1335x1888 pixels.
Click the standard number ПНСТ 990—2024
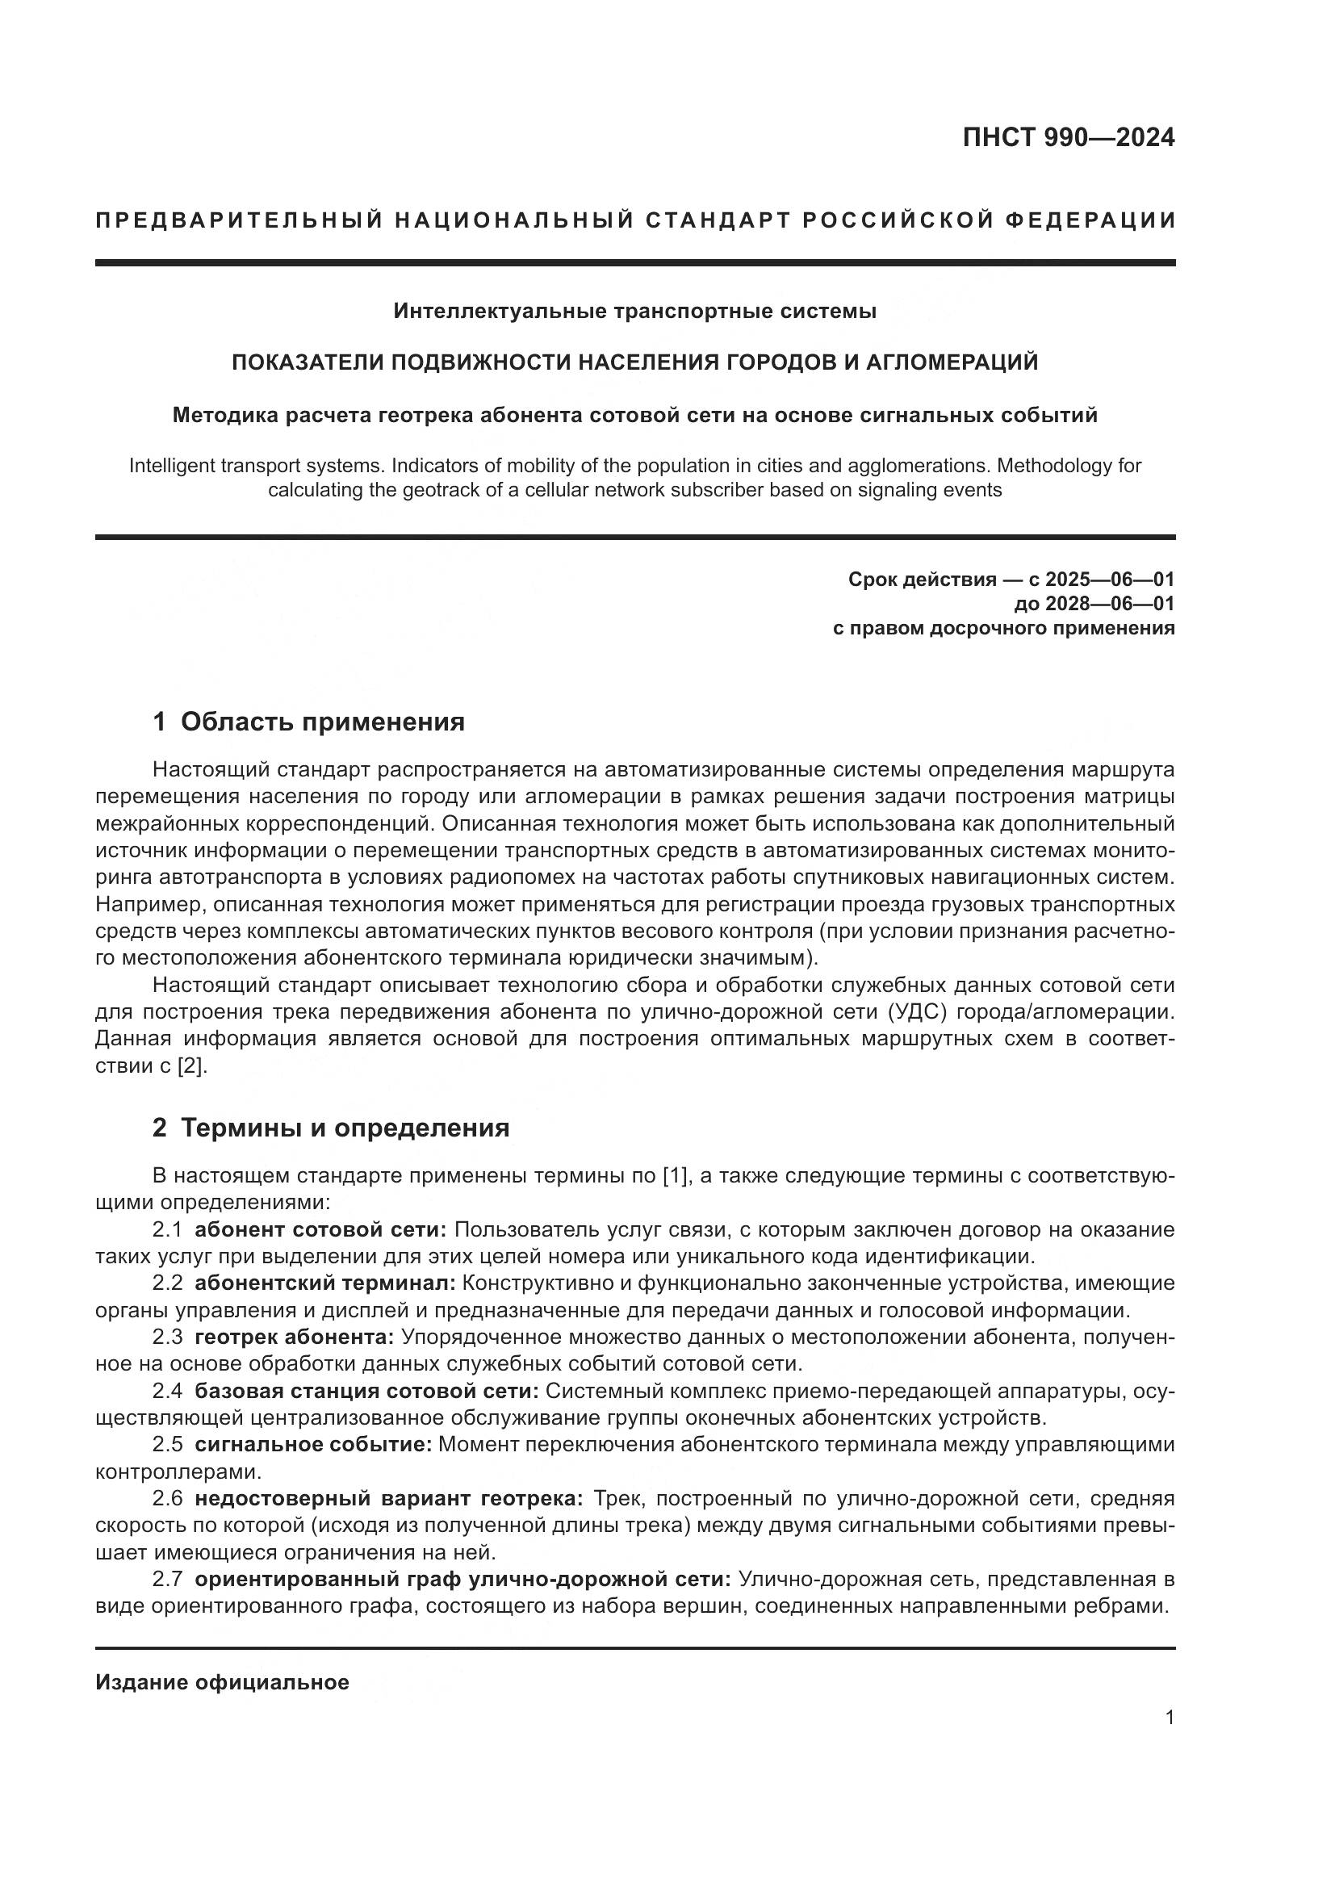pyautogui.click(x=1068, y=138)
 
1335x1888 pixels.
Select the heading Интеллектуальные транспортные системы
pyautogui.click(x=634, y=311)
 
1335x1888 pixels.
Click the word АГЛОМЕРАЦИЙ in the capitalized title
pyautogui.click(x=952, y=362)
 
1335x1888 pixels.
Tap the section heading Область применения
pyautogui.click(x=322, y=722)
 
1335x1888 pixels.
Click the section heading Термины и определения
pyautogui.click(x=345, y=1128)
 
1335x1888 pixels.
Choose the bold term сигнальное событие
pyautogui.click(x=313, y=1445)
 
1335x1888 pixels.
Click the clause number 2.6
pyautogui.click(x=168, y=1498)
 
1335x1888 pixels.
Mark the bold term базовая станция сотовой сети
pyautogui.click(x=366, y=1391)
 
